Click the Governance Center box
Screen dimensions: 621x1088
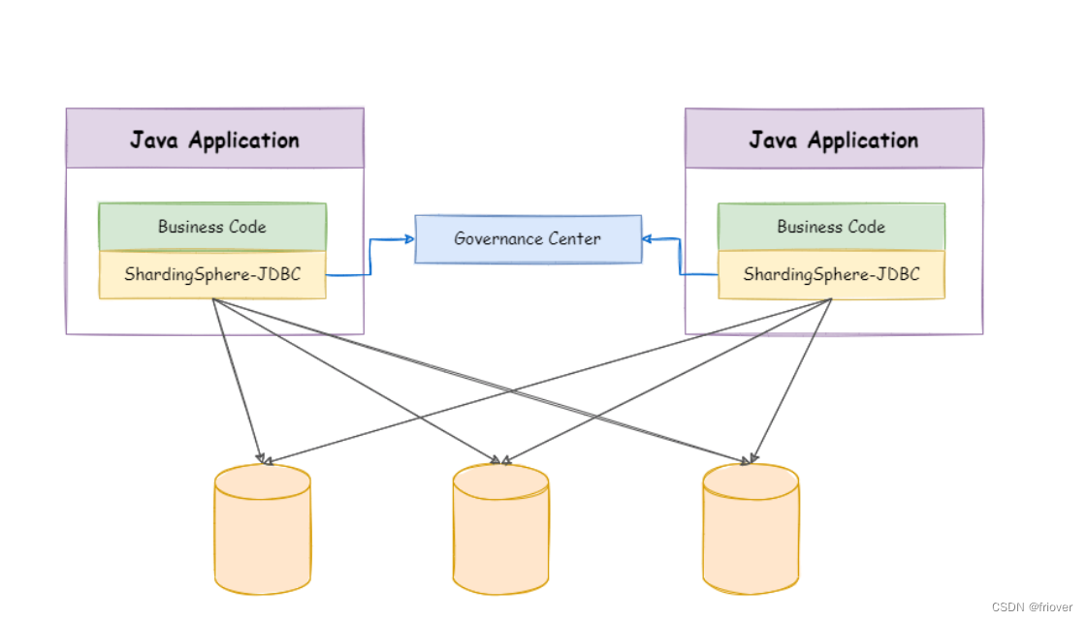click(528, 238)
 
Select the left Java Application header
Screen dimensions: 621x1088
click(214, 139)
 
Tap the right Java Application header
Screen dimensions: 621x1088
click(833, 139)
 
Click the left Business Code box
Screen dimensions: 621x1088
click(212, 227)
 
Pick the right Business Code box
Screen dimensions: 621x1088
click(831, 227)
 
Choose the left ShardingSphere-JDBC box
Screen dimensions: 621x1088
click(212, 275)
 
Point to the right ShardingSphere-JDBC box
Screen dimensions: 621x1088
click(831, 275)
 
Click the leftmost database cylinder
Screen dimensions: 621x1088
click(263, 533)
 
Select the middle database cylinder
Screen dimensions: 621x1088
click(500, 533)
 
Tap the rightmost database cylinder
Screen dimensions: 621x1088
click(751, 533)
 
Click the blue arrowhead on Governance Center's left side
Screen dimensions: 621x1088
click(408, 238)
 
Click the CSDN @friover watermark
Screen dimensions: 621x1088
click(1033, 606)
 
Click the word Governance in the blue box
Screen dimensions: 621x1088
click(497, 238)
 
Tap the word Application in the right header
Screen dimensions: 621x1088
click(863, 140)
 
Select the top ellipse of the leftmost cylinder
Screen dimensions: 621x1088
click(263, 481)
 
